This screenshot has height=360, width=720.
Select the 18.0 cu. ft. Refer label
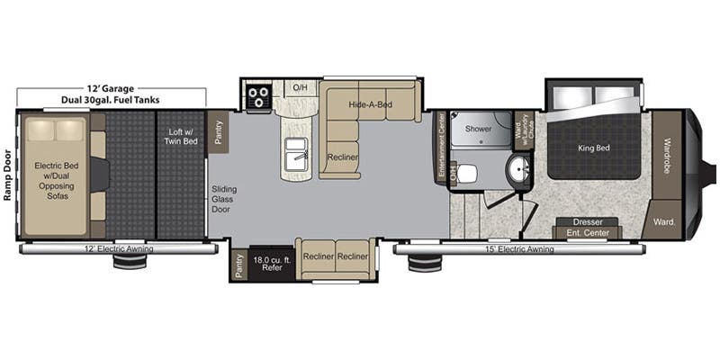pos(272,263)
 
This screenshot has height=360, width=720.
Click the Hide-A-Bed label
pos(370,105)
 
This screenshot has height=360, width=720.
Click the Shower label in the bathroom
pos(479,129)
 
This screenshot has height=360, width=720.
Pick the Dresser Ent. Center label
pos(588,228)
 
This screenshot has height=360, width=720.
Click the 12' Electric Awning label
pos(119,248)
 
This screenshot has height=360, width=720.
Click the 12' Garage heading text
pos(111,88)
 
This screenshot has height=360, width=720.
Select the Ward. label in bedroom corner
pos(664,221)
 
